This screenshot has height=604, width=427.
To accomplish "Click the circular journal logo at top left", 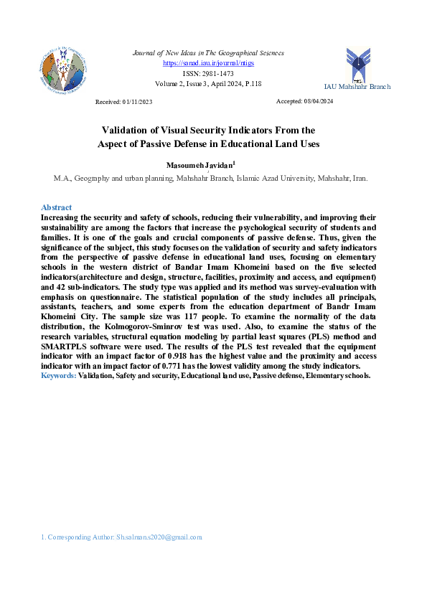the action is [63, 71].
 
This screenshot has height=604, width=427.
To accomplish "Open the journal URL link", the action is [208, 63].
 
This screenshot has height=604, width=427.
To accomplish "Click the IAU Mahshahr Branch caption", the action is [357, 87].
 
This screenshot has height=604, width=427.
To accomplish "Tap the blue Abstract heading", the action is [56, 207].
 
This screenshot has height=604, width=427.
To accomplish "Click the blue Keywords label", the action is [59, 375].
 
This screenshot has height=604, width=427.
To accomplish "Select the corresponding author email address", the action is [159, 537].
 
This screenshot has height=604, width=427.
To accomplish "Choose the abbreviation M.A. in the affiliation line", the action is [63, 177].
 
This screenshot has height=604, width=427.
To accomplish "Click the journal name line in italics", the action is [208, 53].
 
